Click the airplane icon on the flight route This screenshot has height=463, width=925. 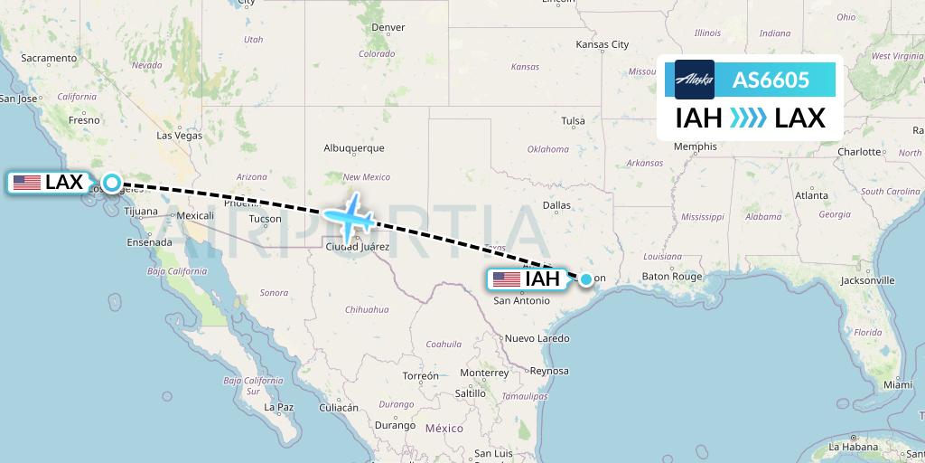(349, 215)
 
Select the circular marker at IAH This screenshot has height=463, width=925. (586, 279)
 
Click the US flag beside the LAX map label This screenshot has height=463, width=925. (27, 183)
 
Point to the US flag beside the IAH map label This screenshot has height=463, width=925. (506, 279)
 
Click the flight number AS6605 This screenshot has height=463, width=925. (770, 80)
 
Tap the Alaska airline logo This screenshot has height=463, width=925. (694, 80)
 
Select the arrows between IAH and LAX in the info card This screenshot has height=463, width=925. (747, 118)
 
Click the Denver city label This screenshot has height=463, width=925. (388, 27)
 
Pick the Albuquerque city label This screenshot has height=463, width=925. (354, 148)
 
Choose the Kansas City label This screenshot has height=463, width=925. (603, 44)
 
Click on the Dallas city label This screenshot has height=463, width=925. (556, 205)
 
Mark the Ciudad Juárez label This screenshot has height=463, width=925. (358, 247)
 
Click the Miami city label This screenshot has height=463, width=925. (899, 384)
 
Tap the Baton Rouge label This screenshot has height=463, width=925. (672, 277)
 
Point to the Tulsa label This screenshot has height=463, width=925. (573, 120)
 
